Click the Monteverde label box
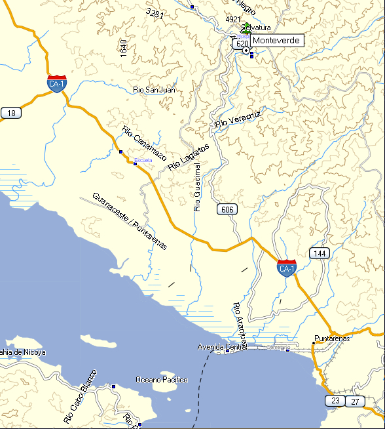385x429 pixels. click(x=277, y=41)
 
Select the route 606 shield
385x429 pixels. click(x=227, y=209)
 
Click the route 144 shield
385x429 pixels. click(x=319, y=254)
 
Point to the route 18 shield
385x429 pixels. click(x=10, y=113)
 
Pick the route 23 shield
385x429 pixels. click(x=335, y=400)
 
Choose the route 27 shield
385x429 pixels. click(x=355, y=401)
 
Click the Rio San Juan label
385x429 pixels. click(x=154, y=90)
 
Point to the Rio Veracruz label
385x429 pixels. click(x=238, y=119)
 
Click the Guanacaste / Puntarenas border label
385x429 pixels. click(x=130, y=221)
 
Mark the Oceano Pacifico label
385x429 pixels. click(x=161, y=380)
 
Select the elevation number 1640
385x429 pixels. click(x=123, y=48)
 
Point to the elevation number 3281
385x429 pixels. click(x=155, y=14)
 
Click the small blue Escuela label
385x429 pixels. click(x=143, y=160)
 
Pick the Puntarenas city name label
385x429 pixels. click(x=332, y=338)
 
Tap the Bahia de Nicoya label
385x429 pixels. click(x=23, y=352)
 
